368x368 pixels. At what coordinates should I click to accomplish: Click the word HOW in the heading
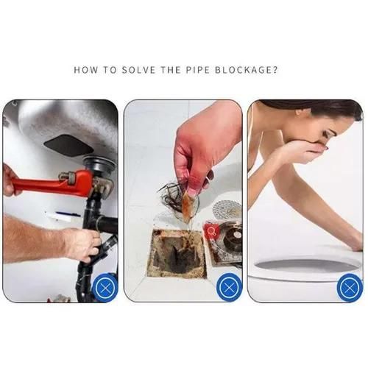click(x=87, y=71)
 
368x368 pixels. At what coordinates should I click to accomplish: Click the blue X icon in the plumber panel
click(x=105, y=287)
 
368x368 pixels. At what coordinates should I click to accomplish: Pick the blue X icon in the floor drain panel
click(x=228, y=287)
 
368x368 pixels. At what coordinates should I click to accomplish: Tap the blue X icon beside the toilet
click(x=350, y=287)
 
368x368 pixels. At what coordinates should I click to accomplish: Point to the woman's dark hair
click(x=324, y=110)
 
